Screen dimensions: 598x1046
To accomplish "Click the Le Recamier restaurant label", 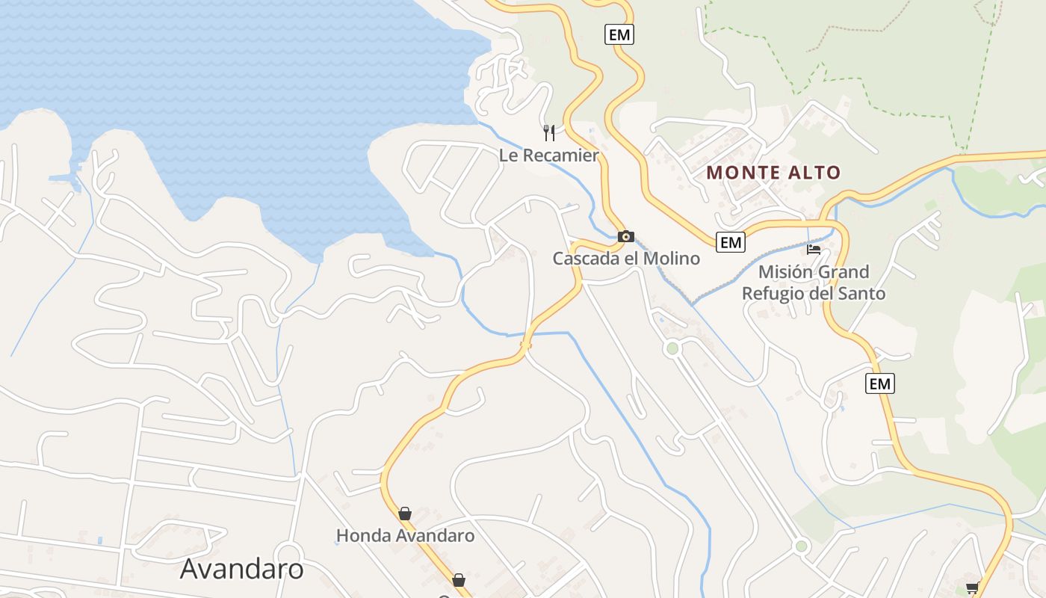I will coord(549,155).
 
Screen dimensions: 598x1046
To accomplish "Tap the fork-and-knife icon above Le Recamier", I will coord(549,133).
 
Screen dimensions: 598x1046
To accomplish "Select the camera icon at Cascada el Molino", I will coord(626,237).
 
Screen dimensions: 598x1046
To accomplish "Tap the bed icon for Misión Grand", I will coord(814,249).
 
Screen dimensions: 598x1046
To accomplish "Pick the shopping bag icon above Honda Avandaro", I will coord(405,514).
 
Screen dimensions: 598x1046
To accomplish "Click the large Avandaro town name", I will coord(242,569).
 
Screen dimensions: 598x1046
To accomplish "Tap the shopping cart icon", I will coord(972,588).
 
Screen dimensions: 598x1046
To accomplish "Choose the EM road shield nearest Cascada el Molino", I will coord(730,241).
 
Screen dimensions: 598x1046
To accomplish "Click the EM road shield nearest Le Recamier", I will coord(619,34).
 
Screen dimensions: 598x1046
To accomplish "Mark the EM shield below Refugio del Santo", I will coord(880,384).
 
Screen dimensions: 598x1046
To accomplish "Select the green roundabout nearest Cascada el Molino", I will coord(672,348).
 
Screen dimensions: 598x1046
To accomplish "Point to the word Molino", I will coord(673,259).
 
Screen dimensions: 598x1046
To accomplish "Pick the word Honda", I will coord(360,536).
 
